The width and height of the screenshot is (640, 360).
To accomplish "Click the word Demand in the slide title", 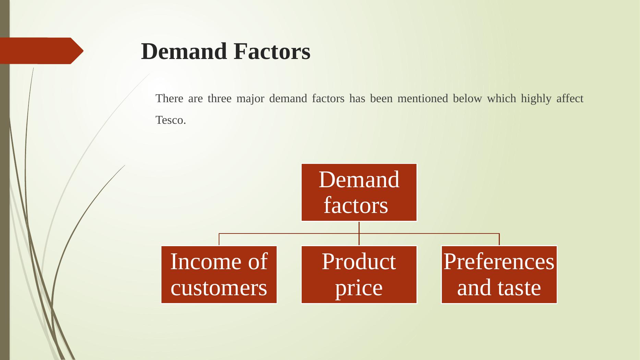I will [x=184, y=51].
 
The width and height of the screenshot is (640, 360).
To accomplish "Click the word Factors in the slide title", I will [x=272, y=51].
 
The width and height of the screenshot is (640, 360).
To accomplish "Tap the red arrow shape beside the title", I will [x=41, y=51].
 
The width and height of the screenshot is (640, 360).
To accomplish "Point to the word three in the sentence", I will [x=219, y=99].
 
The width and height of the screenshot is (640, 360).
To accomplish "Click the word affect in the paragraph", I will [x=570, y=99].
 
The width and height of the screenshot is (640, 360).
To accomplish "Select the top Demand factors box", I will [x=359, y=192].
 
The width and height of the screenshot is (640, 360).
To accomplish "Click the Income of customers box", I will [x=219, y=275].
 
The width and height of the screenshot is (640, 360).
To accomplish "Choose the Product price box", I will [x=359, y=275].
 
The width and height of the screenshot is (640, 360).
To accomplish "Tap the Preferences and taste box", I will [x=499, y=275].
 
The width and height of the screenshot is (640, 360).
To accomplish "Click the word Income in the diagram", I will [x=200, y=262].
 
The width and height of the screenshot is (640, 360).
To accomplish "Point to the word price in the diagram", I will [x=359, y=288].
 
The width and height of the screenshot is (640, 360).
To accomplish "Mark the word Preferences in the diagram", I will [x=499, y=262].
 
